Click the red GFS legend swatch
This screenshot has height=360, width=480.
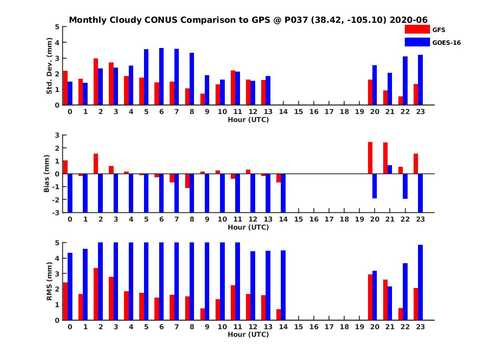pos(416,29)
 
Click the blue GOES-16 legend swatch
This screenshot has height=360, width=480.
pos(416,42)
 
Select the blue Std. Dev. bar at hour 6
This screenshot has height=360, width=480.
pos(161,76)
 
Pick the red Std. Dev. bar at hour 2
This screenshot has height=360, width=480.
pos(96,82)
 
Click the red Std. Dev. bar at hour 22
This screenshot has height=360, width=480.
pos(400,100)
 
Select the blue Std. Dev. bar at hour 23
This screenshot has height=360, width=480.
pos(420,80)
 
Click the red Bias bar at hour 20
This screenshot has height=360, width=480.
pos(370,158)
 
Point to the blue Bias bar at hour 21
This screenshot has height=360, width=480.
pos(390,169)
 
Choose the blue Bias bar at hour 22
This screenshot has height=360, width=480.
pos(405,186)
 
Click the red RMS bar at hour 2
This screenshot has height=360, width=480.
pos(96,294)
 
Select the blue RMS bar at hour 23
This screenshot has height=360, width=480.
pos(420,282)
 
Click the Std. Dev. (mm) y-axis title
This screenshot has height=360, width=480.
pos(50,66)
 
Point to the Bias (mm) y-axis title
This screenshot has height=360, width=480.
pos(46,174)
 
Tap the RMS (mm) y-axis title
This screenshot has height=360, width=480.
pos(50,281)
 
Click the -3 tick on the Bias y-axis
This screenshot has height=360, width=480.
pos(57,212)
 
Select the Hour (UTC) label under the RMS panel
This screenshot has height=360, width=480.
pos(248,334)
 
